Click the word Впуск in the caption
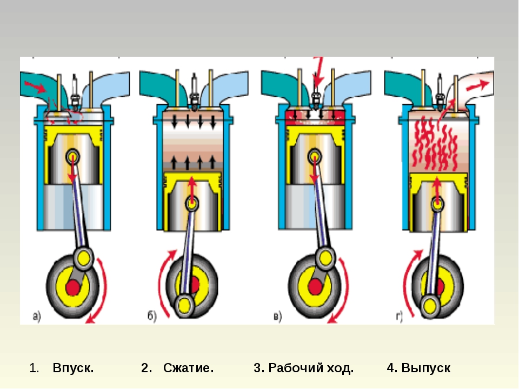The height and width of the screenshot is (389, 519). (73, 368)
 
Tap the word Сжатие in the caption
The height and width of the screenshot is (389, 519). (189, 368)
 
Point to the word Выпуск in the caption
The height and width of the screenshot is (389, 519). (426, 368)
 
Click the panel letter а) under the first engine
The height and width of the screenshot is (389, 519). (37, 317)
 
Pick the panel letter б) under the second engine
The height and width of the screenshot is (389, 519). (151, 317)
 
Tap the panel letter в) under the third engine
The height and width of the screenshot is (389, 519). (277, 317)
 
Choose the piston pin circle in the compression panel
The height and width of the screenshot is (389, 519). (192, 204)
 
